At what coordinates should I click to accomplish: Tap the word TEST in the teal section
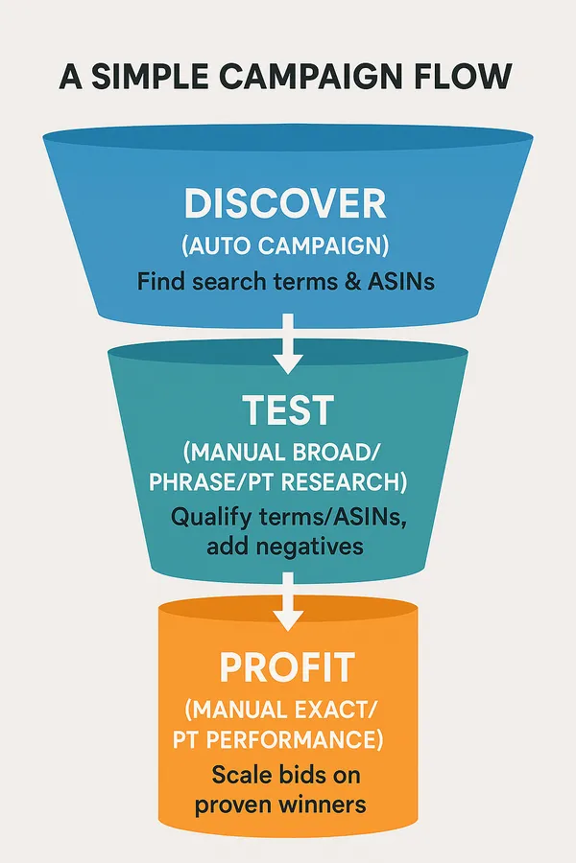click(x=288, y=410)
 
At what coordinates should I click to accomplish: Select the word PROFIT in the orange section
click(x=288, y=665)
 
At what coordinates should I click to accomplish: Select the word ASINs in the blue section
click(x=396, y=282)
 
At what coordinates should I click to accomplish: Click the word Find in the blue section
click(x=158, y=282)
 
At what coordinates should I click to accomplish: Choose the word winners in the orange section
click(x=324, y=804)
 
